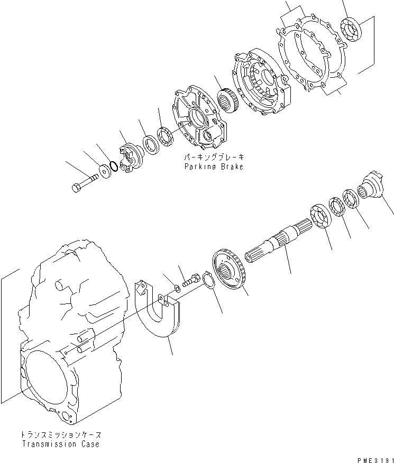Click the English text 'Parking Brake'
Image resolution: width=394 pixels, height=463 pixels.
[x=214, y=166]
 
